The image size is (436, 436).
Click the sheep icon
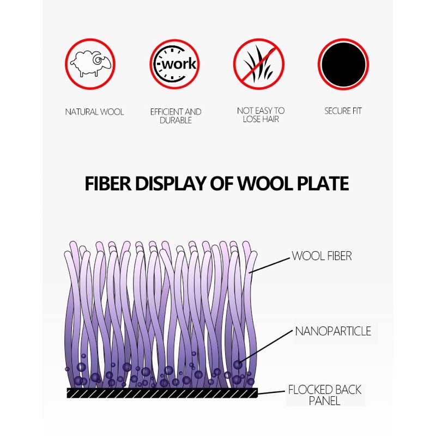[90, 64]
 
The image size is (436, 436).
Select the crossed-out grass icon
[258, 64]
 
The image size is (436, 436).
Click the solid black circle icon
[343, 64]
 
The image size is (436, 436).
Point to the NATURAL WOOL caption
[94, 112]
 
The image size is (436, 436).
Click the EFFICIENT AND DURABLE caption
[175, 116]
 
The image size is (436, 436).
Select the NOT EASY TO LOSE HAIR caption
[261, 115]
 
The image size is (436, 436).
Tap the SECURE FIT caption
[343, 111]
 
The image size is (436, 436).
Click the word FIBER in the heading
[108, 184]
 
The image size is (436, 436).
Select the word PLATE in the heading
[323, 184]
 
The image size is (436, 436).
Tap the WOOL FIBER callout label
[322, 256]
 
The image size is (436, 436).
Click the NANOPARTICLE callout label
[333, 331]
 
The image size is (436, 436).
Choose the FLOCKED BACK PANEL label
[325, 395]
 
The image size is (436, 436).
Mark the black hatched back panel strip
[162, 393]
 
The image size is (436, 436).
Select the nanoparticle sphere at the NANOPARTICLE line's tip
[238, 365]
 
